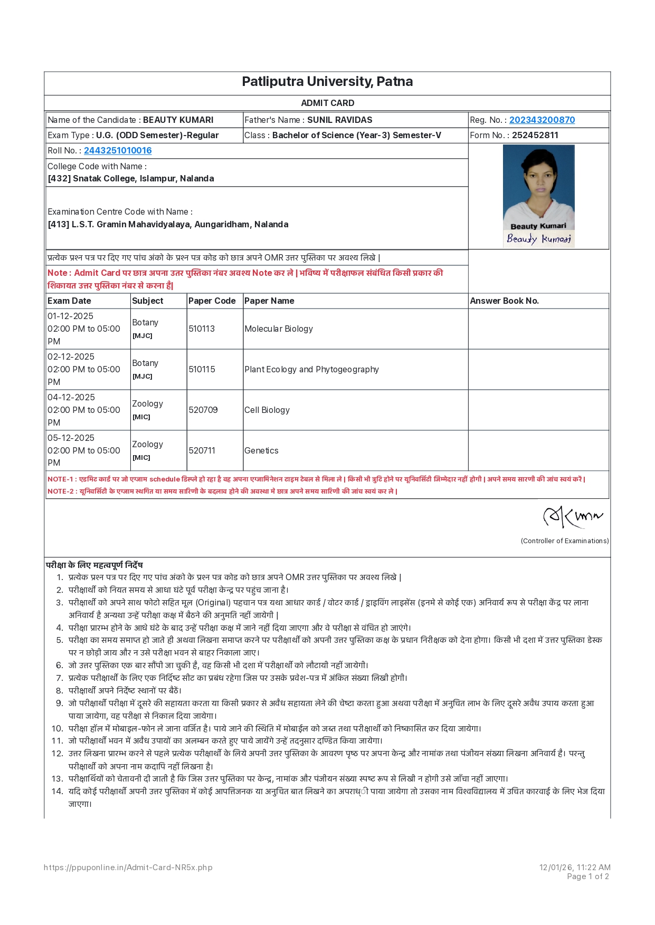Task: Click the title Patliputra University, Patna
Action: point(327,82)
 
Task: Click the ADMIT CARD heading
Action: point(327,103)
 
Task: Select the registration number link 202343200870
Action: point(542,120)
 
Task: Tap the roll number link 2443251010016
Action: point(118,151)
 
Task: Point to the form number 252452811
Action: point(535,136)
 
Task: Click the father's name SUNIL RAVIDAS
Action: point(339,120)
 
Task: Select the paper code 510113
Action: point(202,329)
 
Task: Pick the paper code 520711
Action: point(202,451)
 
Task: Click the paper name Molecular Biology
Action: point(279,329)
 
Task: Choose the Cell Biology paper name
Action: point(267,410)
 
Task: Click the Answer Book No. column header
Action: point(504,301)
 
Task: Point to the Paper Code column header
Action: point(212,301)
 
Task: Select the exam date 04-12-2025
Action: point(71,398)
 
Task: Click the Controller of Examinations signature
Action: point(572,517)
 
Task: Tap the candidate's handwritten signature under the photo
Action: point(538,239)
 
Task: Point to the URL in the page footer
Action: point(128,868)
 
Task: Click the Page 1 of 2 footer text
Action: point(587,876)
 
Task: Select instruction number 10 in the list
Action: point(274,729)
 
